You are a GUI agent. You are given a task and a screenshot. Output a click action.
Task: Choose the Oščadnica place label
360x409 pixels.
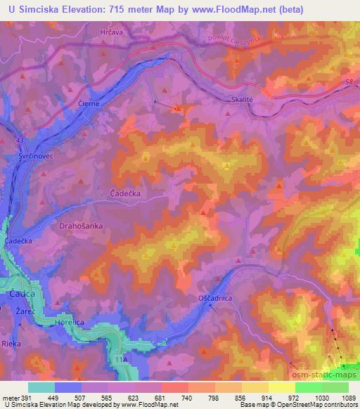point(215,298)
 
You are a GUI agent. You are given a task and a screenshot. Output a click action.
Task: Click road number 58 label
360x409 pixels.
point(349,83)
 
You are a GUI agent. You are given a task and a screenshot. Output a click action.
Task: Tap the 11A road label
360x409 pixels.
point(122,359)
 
